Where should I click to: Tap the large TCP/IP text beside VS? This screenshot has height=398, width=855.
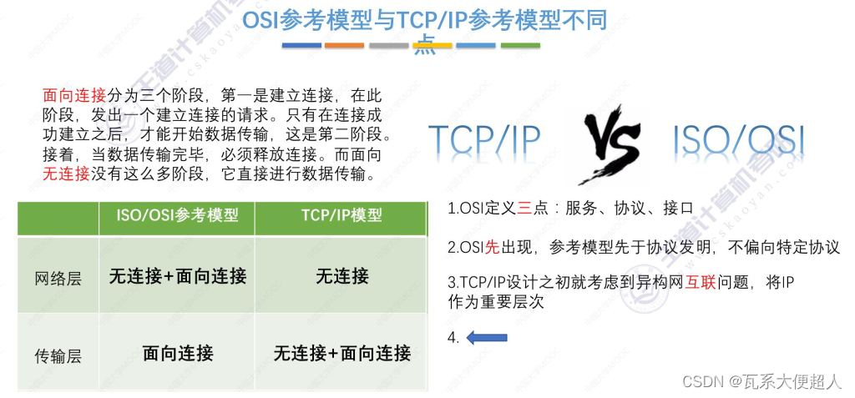pyautogui.click(x=485, y=143)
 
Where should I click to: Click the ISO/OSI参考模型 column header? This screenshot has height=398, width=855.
pyautogui.click(x=177, y=215)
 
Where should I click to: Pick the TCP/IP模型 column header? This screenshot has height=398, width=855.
pyautogui.click(x=341, y=215)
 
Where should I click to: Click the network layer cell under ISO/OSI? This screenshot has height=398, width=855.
pyautogui.click(x=177, y=276)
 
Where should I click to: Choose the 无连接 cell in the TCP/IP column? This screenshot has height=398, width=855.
pyautogui.click(x=341, y=276)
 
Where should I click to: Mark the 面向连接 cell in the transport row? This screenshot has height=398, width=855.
pyautogui.click(x=177, y=353)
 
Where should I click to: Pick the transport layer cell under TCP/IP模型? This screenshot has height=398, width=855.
pyautogui.click(x=341, y=353)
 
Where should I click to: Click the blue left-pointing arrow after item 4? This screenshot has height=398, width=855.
pyautogui.click(x=487, y=337)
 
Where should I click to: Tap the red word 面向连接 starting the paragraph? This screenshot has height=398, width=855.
pyautogui.click(x=73, y=96)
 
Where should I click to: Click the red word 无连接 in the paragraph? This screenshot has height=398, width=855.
pyautogui.click(x=65, y=174)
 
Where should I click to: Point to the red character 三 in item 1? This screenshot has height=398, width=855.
pyautogui.click(x=524, y=209)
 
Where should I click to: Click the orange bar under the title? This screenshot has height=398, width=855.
pyautogui.click(x=344, y=45)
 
